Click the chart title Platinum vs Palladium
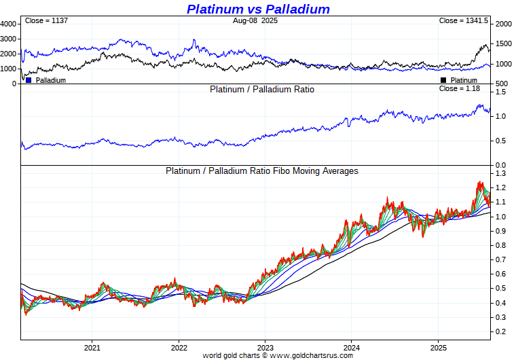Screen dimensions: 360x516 [x=258, y=9]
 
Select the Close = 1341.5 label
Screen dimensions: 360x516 [x=464, y=21]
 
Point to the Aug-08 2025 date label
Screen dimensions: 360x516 [x=255, y=21]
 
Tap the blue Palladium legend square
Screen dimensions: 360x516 [x=29, y=80]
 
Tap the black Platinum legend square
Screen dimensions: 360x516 [x=443, y=80]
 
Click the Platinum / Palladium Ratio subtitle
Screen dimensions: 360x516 [x=262, y=89]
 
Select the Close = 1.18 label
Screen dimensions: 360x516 [x=460, y=88]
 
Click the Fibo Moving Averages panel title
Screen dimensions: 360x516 [x=262, y=171]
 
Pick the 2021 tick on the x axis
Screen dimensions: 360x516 [x=92, y=347]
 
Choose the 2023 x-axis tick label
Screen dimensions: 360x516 [x=265, y=347]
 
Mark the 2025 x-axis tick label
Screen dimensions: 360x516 [x=438, y=347]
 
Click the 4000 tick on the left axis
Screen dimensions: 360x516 [x=9, y=24]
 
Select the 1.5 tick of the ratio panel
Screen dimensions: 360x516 [x=500, y=92]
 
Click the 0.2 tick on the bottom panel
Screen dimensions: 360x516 [x=500, y=331]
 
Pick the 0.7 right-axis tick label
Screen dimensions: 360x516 [x=500, y=260]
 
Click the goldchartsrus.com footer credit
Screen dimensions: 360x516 [x=278, y=355]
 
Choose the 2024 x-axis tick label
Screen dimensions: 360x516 [x=351, y=347]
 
